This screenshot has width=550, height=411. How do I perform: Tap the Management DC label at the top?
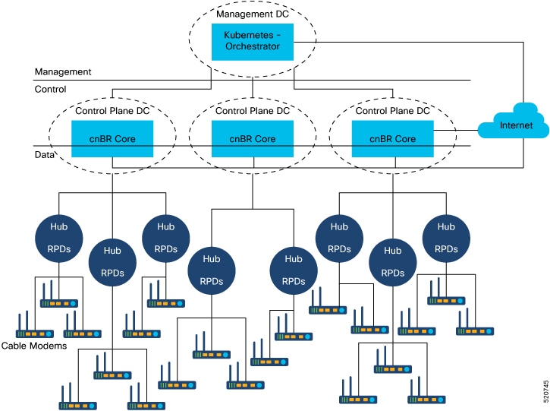[x=252, y=14]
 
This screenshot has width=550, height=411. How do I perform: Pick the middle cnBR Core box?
[x=252, y=139]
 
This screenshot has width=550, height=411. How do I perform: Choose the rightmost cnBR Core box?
[x=392, y=139]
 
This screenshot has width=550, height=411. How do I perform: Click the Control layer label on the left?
[x=51, y=89]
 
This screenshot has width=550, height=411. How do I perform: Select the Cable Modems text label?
[x=34, y=346]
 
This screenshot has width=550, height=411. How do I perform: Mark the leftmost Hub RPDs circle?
[x=59, y=238]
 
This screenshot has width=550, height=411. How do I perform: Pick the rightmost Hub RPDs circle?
[x=446, y=238]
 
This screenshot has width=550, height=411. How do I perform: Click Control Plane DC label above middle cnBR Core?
[x=252, y=111]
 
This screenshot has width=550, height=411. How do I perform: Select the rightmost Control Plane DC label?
[x=392, y=111]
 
